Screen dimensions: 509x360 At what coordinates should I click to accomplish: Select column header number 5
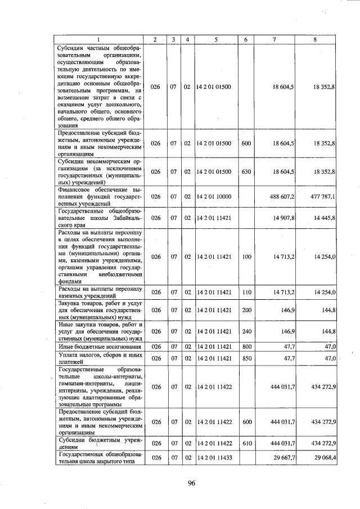click(x=215, y=39)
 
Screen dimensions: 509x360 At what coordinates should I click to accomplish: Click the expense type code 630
click(x=245, y=171)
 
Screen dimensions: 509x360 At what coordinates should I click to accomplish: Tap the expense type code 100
click(x=245, y=256)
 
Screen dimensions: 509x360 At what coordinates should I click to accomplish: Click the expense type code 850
click(x=245, y=358)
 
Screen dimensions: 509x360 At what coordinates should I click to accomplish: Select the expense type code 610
click(x=245, y=444)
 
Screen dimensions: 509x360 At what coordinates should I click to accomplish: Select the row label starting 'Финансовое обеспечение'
click(x=98, y=197)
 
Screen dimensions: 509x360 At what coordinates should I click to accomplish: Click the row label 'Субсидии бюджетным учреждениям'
click(x=98, y=444)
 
